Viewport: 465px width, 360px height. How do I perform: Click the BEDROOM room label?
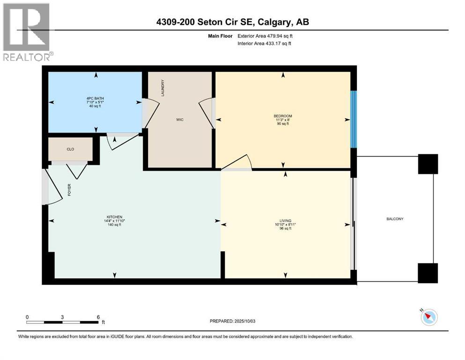pos(283,116)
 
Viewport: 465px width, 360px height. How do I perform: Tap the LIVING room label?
pos(285,220)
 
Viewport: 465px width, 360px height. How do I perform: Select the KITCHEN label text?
pos(113,217)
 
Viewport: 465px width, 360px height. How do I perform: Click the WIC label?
pos(180,120)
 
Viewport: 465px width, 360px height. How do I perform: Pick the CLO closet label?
pos(70,149)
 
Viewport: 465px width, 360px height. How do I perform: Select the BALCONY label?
pos(395,219)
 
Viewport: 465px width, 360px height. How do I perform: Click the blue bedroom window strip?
pos(354,119)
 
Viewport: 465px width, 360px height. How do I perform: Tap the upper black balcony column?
pos(428,164)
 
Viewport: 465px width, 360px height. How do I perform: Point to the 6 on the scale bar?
pos(98,317)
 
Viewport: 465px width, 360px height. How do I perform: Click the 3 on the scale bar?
pos(62,317)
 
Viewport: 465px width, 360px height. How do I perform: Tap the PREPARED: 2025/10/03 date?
pos(234,321)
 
